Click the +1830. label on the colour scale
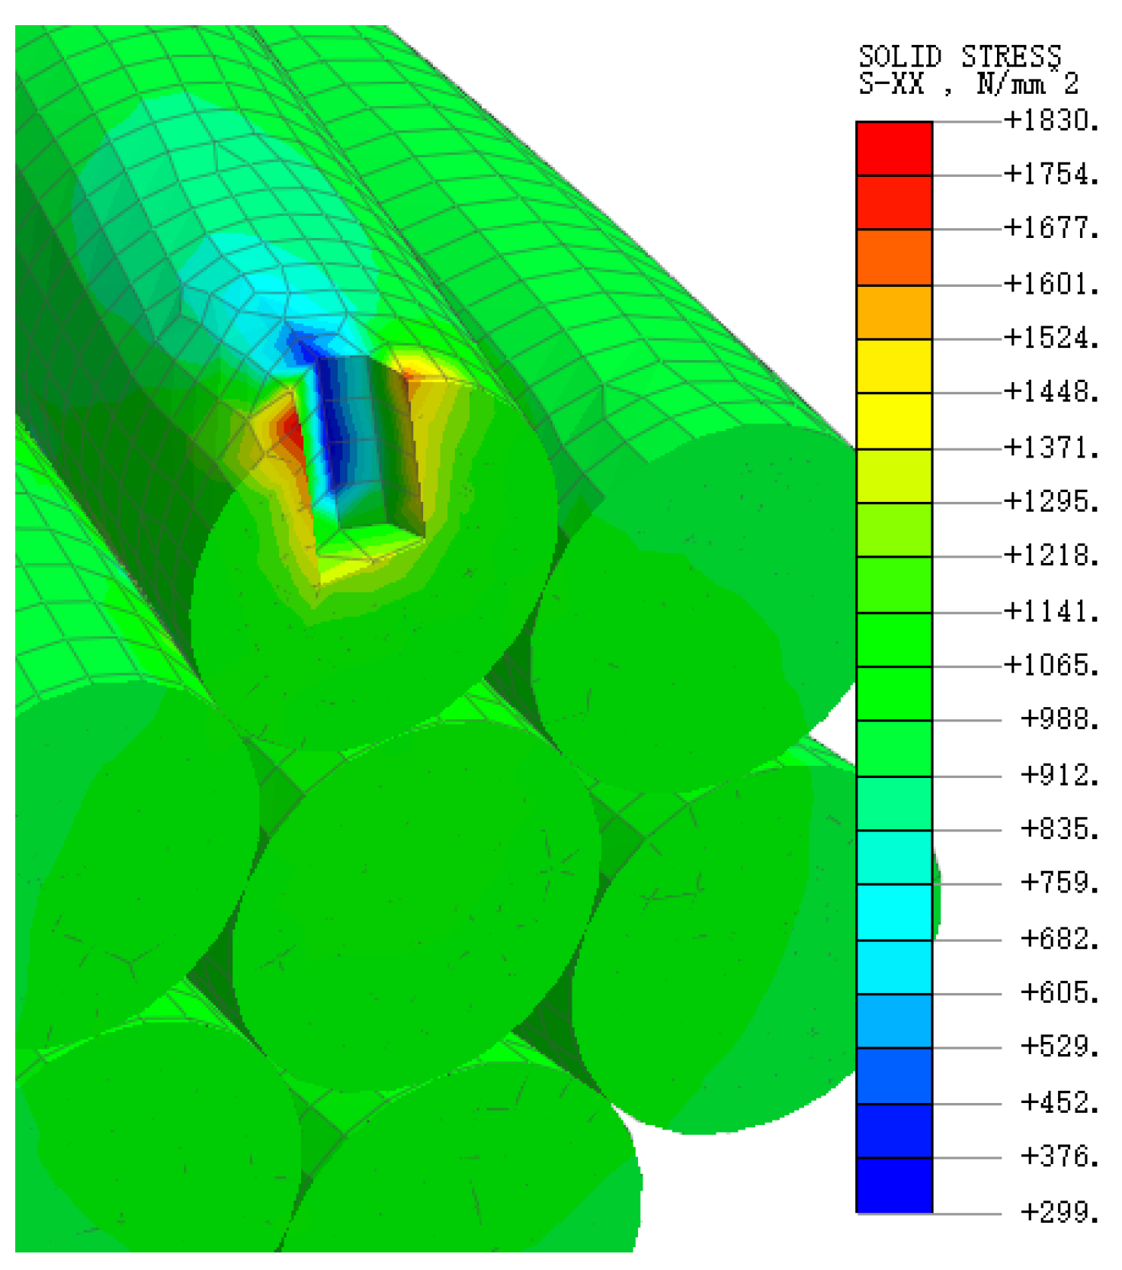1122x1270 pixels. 1051,121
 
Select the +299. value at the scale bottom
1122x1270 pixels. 1059,1212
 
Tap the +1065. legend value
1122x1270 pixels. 1051,665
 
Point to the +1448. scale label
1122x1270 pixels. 1051,392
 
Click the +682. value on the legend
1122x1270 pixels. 1059,939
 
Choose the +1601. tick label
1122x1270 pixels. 1051,285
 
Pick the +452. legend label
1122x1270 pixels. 1059,1102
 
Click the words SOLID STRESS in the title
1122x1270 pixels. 960,57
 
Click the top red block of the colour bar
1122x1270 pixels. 894,148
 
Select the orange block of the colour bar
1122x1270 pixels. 894,313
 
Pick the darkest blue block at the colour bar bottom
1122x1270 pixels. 894,1185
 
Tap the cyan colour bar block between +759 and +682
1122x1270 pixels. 894,912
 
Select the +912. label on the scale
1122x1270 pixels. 1059,775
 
